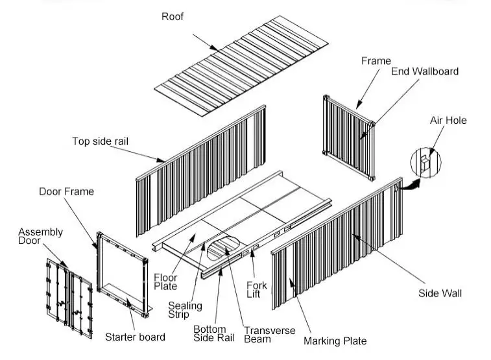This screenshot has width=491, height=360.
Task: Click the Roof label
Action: coord(173,16)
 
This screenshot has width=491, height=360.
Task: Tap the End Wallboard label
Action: coord(425,71)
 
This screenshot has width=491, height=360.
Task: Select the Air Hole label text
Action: coord(448,120)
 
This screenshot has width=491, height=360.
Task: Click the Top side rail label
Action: coord(100,141)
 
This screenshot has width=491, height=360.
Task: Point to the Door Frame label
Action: coord(66,191)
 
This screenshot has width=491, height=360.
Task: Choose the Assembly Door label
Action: coord(40,236)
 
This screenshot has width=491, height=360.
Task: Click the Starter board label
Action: coord(136,337)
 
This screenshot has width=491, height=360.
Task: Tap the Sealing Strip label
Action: coord(185,310)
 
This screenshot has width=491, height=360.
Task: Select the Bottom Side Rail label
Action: coord(214,333)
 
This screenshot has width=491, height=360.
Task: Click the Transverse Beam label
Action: coord(270,335)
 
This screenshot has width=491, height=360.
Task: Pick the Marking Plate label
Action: coord(335,341)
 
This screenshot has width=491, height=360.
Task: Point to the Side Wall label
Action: coord(440,293)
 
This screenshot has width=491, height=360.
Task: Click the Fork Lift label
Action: coord(257,289)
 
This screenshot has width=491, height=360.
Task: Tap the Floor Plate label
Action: coord(165,282)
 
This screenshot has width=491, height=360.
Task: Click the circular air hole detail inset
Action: coord(425,163)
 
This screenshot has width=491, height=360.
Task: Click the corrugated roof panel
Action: coord(241,66)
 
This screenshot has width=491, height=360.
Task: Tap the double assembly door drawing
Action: coord(69,298)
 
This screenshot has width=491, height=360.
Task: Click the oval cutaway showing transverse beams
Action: coord(223,248)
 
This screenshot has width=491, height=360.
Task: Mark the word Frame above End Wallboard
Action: coord(376,61)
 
